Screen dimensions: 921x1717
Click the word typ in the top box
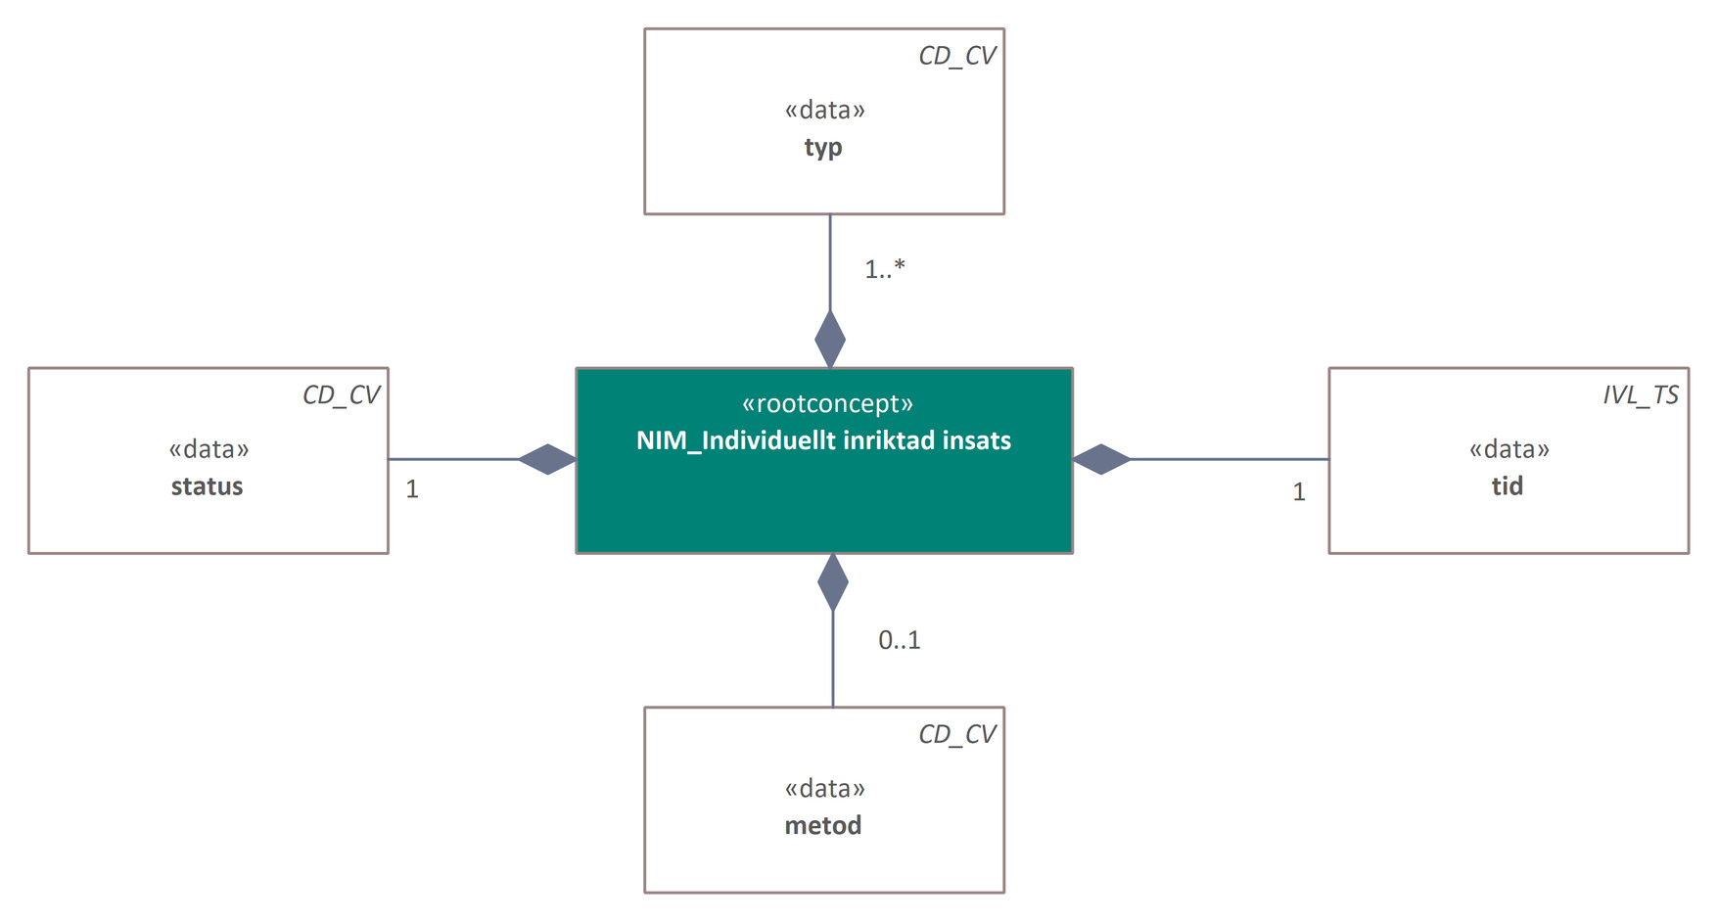[823, 148]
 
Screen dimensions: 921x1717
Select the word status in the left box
[207, 486]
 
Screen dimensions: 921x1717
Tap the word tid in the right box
[1507, 486]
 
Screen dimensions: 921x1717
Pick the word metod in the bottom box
[823, 825]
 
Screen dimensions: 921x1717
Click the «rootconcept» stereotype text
[827, 403]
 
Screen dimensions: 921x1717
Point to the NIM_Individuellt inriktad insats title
[823, 440]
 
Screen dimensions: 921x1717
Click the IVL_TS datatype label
[1640, 395]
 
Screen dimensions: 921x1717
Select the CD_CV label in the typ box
[956, 56]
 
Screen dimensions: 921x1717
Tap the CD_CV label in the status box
[341, 395]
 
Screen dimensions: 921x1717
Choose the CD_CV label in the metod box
[956, 735]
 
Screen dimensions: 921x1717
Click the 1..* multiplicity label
[884, 268]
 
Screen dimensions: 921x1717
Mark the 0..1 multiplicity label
[899, 640]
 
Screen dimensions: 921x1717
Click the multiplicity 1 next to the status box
[412, 489]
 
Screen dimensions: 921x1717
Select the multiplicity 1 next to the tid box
[1298, 492]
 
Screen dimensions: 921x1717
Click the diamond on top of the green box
[830, 339]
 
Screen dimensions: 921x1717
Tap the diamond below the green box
[833, 582]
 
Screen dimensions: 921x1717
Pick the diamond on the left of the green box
[547, 459]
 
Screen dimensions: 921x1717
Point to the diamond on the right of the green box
[1102, 459]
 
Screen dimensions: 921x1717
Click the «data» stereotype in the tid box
[1508, 449]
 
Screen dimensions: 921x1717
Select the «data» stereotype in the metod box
[824, 789]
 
